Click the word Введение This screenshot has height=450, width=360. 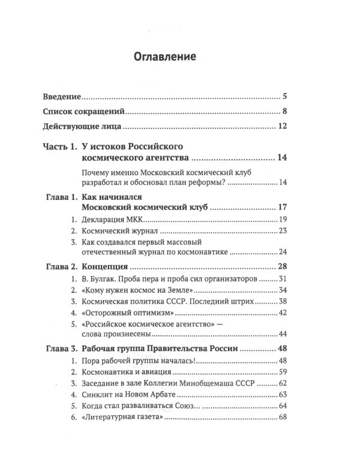63,96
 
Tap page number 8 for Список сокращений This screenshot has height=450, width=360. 285,111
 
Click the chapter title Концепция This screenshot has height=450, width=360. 105,266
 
